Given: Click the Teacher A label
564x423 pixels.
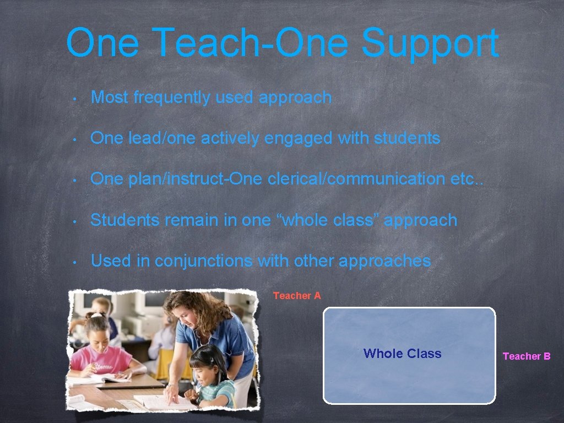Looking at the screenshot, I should pyautogui.click(x=297, y=296).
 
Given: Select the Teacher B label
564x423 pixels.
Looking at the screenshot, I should pyautogui.click(x=527, y=356).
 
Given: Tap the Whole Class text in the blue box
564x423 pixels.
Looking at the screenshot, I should pyautogui.click(x=402, y=354).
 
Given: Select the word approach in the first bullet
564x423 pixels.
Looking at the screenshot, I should pyautogui.click(x=295, y=97).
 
